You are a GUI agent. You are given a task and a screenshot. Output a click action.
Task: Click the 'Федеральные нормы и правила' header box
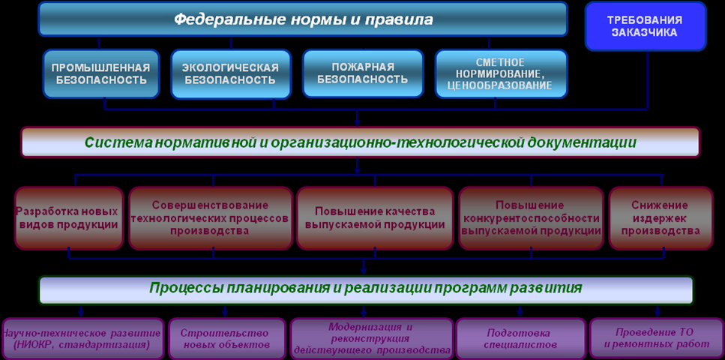click(x=304, y=19)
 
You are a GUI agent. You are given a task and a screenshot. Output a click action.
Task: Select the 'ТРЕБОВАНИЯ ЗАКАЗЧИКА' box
click(x=646, y=26)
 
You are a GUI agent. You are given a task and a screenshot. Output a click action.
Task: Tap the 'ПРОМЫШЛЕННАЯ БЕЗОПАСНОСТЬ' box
click(x=100, y=74)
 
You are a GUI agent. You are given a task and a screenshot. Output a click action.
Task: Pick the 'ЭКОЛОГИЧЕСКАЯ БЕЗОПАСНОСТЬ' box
click(x=231, y=74)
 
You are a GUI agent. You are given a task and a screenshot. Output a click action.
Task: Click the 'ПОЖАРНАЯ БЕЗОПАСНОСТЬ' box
click(x=363, y=73)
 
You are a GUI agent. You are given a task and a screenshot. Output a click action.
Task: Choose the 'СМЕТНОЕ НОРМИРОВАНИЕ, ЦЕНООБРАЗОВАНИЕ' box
click(x=502, y=74)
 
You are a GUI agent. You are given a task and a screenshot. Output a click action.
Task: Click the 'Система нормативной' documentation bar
click(x=360, y=142)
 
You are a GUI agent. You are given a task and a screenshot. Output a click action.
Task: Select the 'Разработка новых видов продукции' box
click(x=69, y=218)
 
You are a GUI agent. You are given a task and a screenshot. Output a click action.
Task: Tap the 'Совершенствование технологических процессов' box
click(x=211, y=218)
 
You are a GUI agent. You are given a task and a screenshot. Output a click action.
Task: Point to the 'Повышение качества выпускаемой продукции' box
click(x=375, y=218)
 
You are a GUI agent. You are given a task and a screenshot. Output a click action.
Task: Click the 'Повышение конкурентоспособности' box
click(x=531, y=218)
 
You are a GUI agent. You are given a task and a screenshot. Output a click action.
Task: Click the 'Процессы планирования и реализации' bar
click(x=366, y=290)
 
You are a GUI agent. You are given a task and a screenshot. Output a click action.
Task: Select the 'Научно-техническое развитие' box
click(x=82, y=339)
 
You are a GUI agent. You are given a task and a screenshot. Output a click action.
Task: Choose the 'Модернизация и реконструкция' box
click(x=371, y=339)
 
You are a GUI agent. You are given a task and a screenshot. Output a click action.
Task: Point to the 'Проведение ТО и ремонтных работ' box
click(x=657, y=339)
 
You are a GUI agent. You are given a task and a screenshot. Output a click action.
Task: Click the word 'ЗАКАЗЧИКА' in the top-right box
click(x=646, y=32)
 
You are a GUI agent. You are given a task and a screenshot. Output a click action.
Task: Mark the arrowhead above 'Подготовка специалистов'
click(x=519, y=313)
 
